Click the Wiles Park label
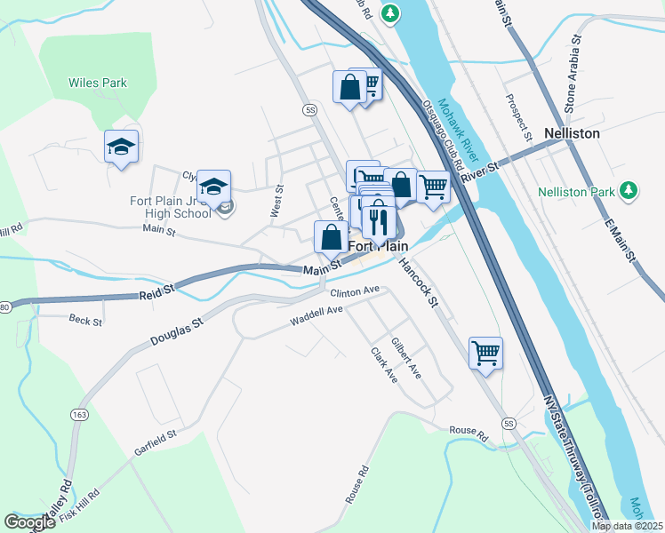click(98, 84)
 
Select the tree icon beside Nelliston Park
click(629, 190)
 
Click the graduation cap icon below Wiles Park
click(121, 148)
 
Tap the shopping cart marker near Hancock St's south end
click(485, 353)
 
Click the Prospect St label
click(518, 118)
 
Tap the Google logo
click(29, 522)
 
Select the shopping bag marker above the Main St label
click(332, 237)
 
